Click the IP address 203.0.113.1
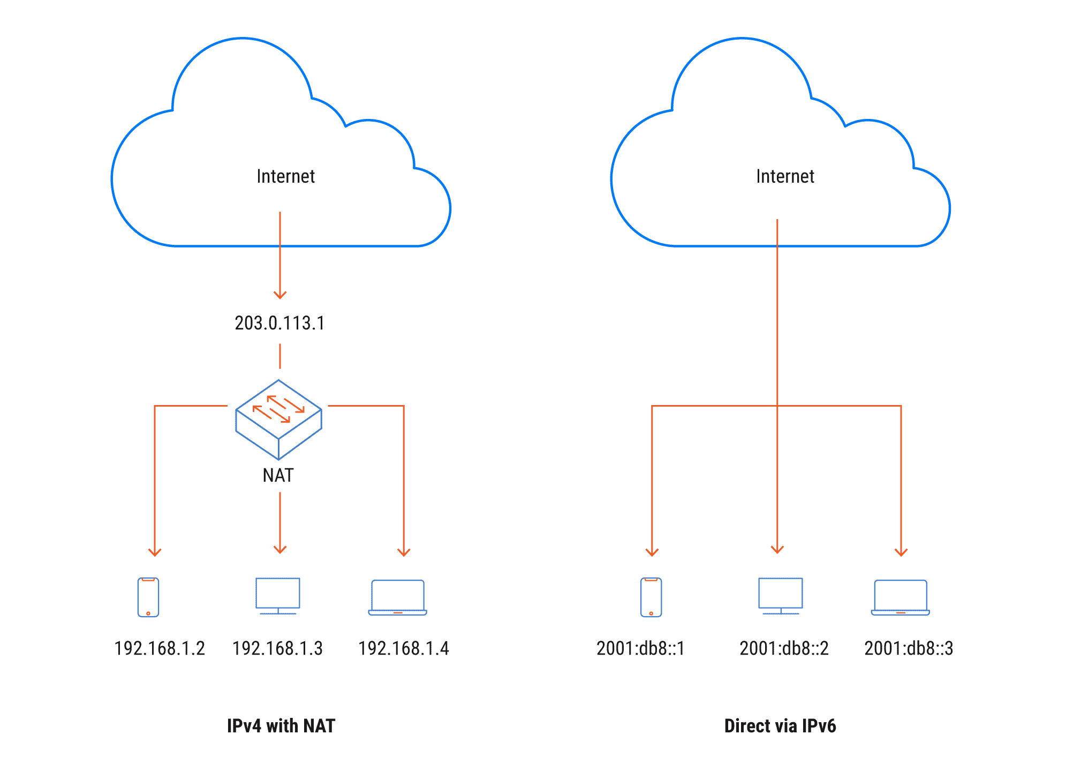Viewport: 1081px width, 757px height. tap(279, 323)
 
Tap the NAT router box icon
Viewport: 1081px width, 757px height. tap(278, 419)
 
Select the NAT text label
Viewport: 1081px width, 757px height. tap(278, 475)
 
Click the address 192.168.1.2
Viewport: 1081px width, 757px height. tap(160, 648)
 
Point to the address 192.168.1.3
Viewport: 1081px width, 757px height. tap(277, 648)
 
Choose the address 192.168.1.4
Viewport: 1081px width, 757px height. tap(403, 648)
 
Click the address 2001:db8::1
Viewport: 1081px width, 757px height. tap(640, 648)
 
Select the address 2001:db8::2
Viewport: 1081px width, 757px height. tap(784, 648)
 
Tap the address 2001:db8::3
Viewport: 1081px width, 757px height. tap(909, 648)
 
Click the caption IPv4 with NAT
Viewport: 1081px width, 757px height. tap(281, 726)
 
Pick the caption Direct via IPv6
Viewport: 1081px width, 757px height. tap(780, 726)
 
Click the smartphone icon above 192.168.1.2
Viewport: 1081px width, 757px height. tap(148, 597)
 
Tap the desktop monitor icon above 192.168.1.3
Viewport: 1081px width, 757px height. tap(278, 595)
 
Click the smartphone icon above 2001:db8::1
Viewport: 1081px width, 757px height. tap(651, 597)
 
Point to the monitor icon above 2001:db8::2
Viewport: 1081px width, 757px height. tap(781, 595)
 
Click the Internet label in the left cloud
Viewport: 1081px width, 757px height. tap(285, 176)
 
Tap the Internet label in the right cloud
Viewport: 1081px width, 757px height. tap(785, 176)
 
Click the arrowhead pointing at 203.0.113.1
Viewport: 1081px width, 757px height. tap(280, 295)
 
